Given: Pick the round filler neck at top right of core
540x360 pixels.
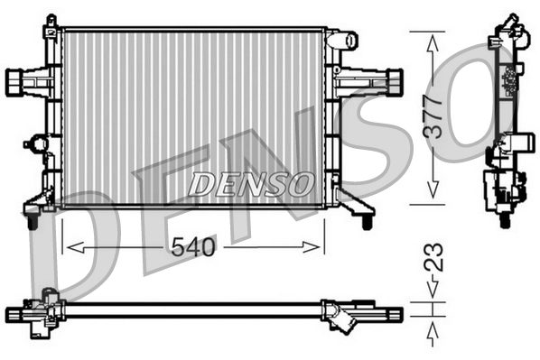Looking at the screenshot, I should pyautogui.click(x=341, y=41).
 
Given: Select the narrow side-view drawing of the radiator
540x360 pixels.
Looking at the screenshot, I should pyautogui.click(x=507, y=117).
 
